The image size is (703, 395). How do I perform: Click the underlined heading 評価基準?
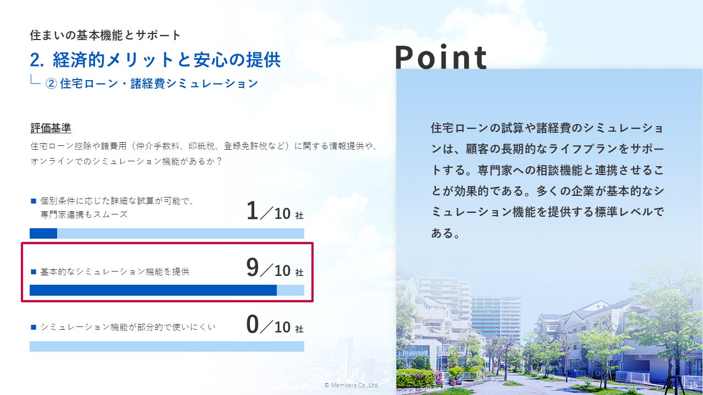tap(51, 128)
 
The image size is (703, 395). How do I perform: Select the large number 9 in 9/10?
tap(252, 267)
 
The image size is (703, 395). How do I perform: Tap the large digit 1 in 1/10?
tap(252, 211)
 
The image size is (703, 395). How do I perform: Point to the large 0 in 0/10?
tap(252, 324)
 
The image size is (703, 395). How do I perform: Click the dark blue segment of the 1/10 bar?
tap(43, 234)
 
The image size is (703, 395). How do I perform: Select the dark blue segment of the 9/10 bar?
tap(153, 290)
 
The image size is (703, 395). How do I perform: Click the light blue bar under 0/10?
tap(167, 346)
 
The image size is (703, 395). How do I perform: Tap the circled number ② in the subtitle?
tap(51, 84)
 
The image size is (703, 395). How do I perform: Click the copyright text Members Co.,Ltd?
tap(351, 385)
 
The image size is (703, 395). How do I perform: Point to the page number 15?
tap(693, 385)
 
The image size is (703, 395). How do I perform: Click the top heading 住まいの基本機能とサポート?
tap(105, 35)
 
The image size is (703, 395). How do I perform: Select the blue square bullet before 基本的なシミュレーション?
tap(34, 272)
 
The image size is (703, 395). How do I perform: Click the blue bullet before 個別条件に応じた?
tap(34, 201)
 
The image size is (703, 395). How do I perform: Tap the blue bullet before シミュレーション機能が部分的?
tap(34, 328)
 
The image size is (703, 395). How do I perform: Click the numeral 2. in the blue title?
tap(37, 60)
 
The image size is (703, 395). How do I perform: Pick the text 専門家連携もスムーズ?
tap(84, 215)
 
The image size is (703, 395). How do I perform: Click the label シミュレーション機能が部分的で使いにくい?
tap(128, 328)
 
